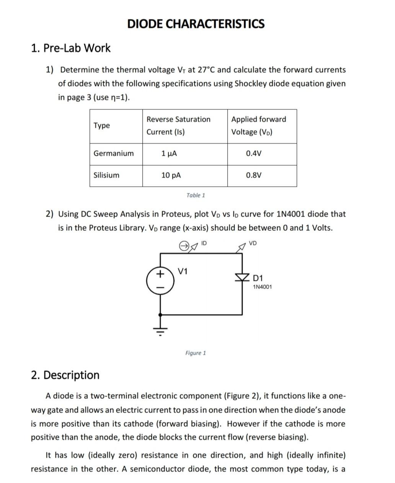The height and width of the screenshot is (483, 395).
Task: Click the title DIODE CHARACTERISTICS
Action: tap(196, 24)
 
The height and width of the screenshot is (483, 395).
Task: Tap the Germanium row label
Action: tap(114, 153)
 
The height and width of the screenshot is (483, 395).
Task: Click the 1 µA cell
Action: tap(169, 153)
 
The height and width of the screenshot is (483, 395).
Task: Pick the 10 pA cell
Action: tap(171, 175)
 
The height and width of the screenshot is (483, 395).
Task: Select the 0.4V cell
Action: tap(254, 153)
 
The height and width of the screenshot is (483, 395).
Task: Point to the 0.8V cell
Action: tap(254, 175)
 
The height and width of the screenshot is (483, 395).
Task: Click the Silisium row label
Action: tap(106, 175)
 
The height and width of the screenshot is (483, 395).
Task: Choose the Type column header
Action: tap(101, 126)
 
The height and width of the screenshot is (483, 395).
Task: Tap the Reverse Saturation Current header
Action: tap(178, 126)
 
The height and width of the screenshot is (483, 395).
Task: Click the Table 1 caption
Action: tap(196, 195)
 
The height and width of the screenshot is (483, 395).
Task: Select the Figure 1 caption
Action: tap(195, 353)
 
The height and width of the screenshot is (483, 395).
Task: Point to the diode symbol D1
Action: tap(242, 277)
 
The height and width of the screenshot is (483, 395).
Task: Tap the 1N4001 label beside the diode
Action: tap(263, 287)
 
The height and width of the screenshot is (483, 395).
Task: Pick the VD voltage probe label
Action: tap(253, 243)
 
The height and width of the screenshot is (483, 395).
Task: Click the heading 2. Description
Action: tap(65, 375)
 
